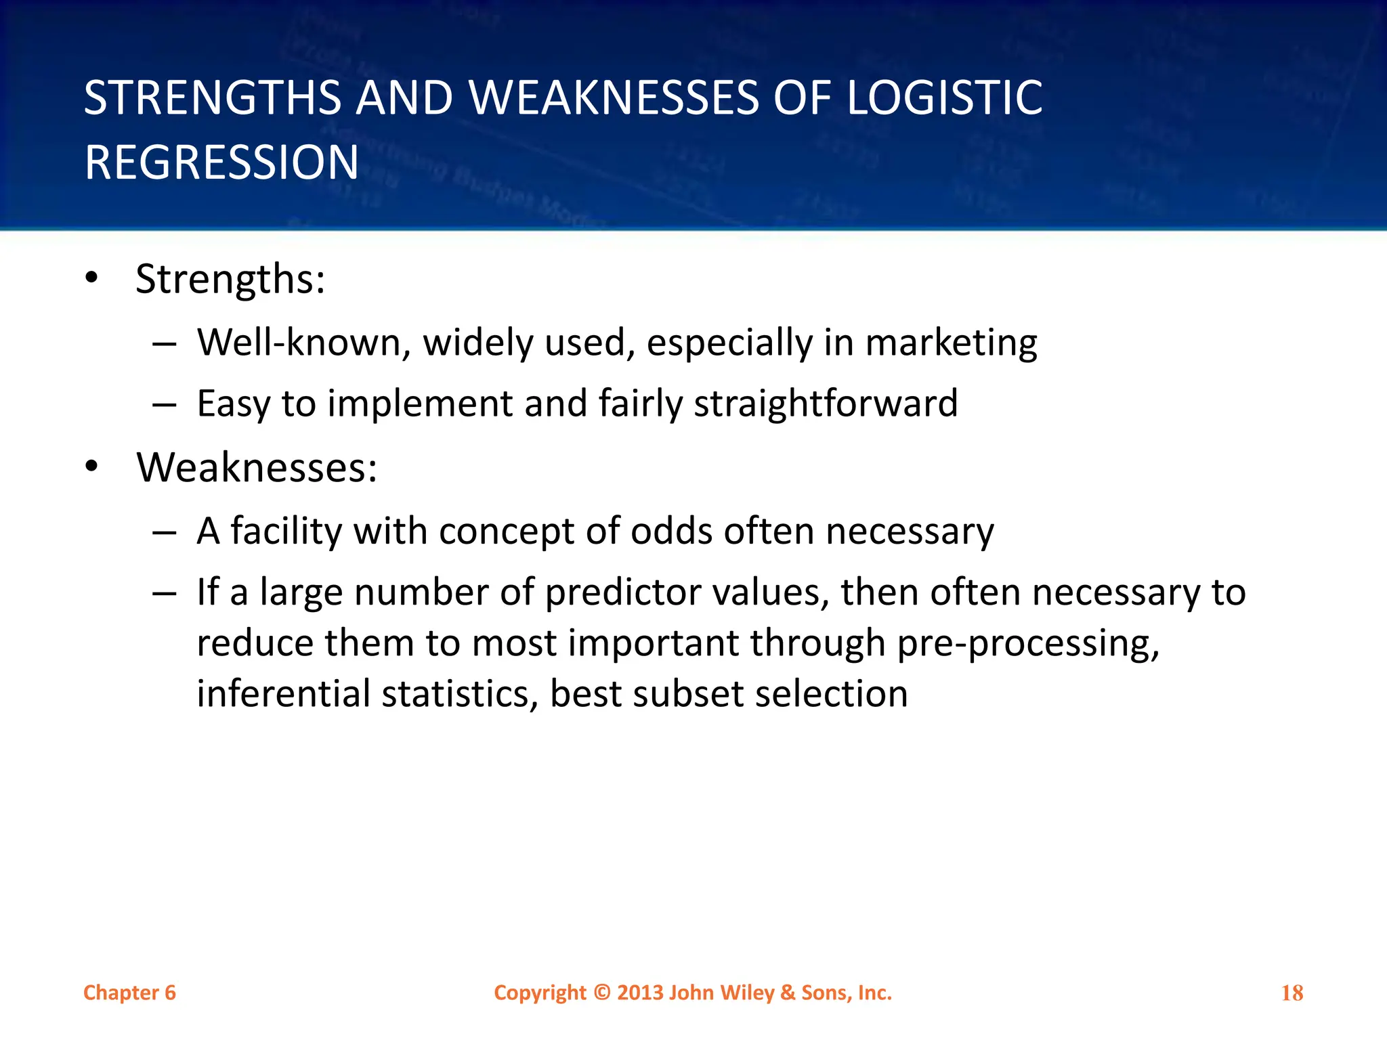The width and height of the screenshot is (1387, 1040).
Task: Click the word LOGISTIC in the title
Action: [945, 98]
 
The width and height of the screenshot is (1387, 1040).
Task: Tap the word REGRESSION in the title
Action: [221, 163]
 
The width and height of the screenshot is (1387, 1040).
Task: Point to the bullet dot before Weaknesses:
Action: [91, 467]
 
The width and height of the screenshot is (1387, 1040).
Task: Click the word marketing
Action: [951, 343]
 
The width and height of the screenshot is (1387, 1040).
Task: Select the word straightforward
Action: [826, 404]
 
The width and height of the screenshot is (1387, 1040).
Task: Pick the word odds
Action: [671, 531]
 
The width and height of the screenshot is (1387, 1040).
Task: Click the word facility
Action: [286, 531]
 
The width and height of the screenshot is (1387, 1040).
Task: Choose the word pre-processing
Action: [1028, 643]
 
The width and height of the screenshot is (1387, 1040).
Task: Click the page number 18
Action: [1292, 993]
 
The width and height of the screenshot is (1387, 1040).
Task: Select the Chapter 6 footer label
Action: [129, 993]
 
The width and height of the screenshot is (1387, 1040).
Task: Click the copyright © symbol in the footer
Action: [601, 993]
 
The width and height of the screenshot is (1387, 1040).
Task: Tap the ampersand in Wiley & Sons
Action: [788, 993]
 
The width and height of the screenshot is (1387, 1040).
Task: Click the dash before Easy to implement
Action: [165, 405]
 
